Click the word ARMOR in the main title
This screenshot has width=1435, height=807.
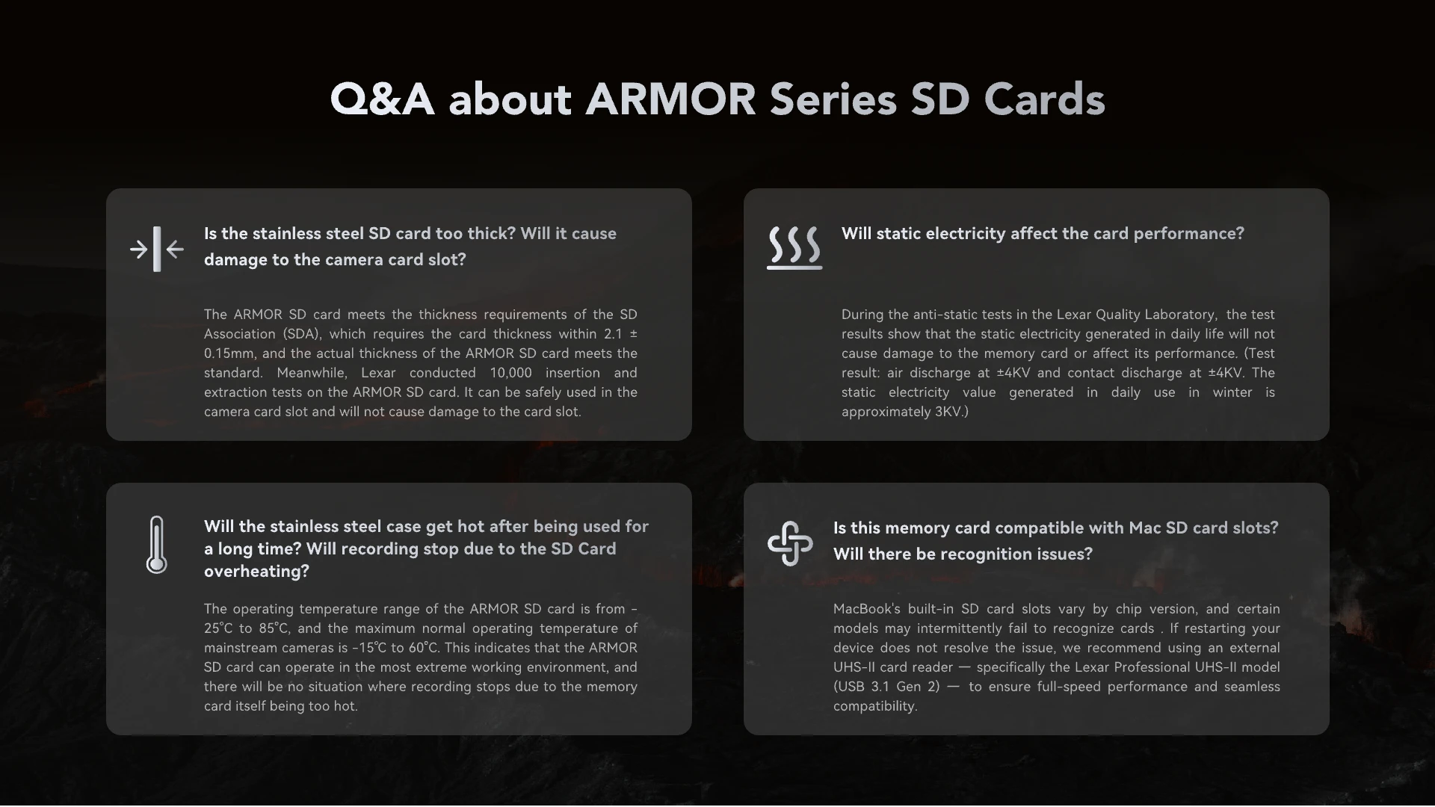(670, 99)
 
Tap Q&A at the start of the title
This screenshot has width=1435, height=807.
(382, 99)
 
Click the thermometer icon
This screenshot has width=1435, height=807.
(156, 545)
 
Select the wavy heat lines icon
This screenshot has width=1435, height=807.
(794, 247)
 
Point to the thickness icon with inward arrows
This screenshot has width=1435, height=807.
(157, 249)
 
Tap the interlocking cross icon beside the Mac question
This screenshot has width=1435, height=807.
(790, 543)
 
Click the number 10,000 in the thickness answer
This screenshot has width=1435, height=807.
(511, 373)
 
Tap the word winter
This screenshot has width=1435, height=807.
(1232, 392)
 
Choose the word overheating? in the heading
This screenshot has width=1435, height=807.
(256, 572)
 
